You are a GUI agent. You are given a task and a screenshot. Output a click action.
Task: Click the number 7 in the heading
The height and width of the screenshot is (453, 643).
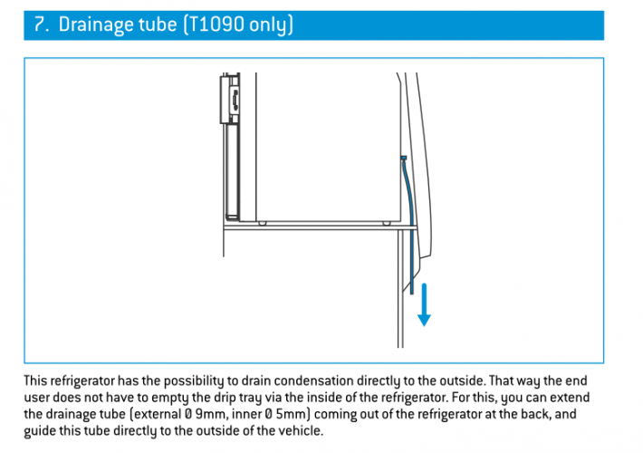click(39, 24)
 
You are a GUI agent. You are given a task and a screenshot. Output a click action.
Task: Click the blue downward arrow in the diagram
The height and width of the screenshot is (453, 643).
click(424, 305)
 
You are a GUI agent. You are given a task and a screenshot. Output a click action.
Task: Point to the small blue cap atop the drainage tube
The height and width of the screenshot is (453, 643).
click(404, 158)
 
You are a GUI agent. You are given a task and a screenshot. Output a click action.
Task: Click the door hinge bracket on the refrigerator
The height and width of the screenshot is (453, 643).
click(230, 99)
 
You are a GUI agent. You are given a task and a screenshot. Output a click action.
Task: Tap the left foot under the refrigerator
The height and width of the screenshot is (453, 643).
click(263, 224)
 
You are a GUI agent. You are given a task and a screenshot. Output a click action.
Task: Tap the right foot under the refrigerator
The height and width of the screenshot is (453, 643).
click(387, 224)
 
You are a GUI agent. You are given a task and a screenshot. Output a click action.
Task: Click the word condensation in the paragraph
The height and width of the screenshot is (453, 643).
click(313, 381)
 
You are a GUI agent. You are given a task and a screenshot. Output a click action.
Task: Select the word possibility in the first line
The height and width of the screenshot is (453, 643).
click(194, 382)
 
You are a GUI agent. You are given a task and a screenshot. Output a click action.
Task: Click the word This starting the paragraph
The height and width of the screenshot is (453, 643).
click(35, 381)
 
